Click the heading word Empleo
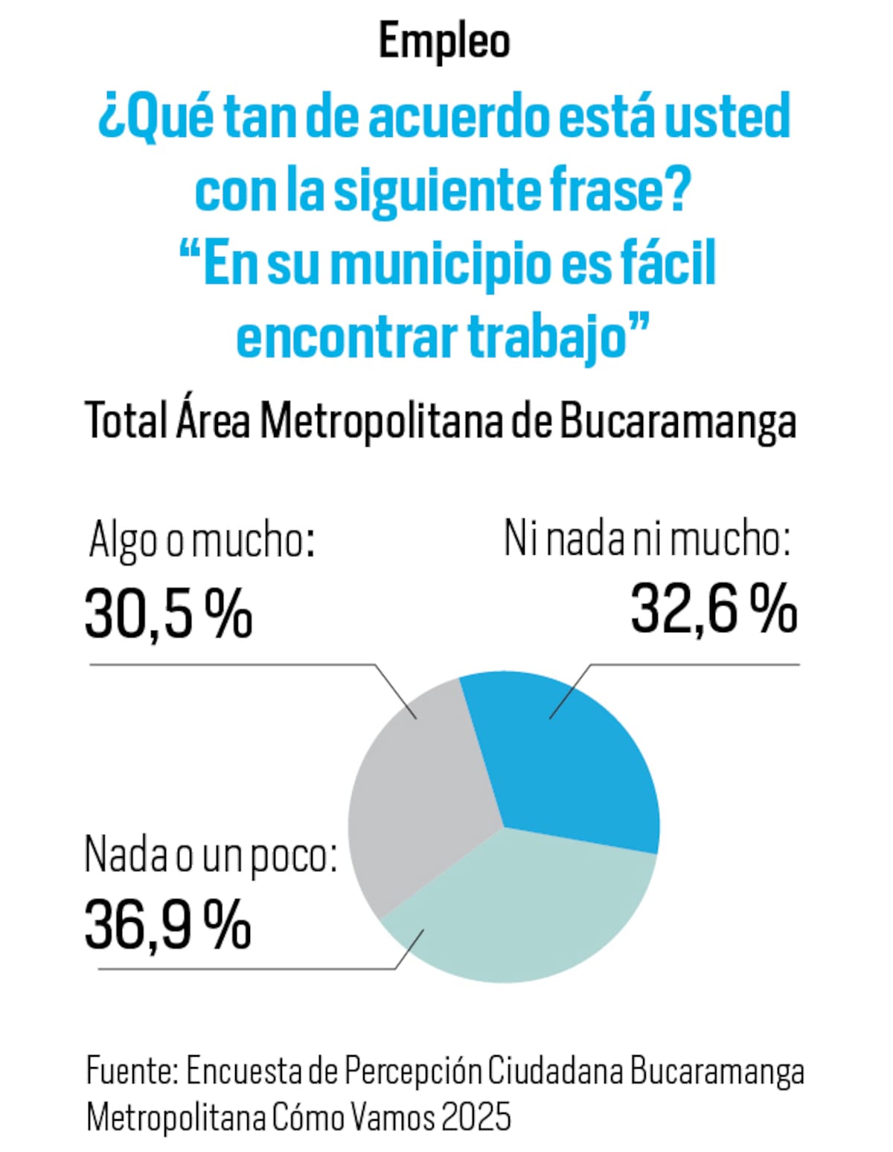444,42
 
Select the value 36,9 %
168,926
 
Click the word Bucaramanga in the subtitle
677,421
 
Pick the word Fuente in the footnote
131,1072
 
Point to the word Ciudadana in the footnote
555,1072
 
